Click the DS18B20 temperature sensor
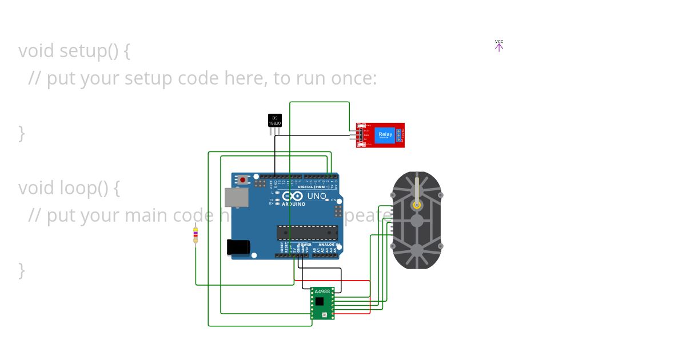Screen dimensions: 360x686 click(275, 121)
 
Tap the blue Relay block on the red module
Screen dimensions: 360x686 click(385, 135)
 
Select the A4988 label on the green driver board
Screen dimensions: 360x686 click(322, 291)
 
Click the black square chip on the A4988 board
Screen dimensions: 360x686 click(319, 302)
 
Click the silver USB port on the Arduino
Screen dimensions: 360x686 click(237, 198)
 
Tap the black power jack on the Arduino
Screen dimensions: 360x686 click(238, 247)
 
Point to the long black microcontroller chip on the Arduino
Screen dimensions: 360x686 click(307, 233)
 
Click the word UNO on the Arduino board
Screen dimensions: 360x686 click(317, 196)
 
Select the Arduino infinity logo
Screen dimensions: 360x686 click(292, 197)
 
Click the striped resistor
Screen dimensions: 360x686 click(196, 234)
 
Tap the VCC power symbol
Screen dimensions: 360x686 click(499, 46)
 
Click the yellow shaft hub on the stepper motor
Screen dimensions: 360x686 click(417, 205)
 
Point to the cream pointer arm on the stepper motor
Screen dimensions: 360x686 click(417, 189)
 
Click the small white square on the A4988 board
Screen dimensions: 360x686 click(325, 314)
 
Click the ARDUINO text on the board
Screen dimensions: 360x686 click(293, 204)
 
